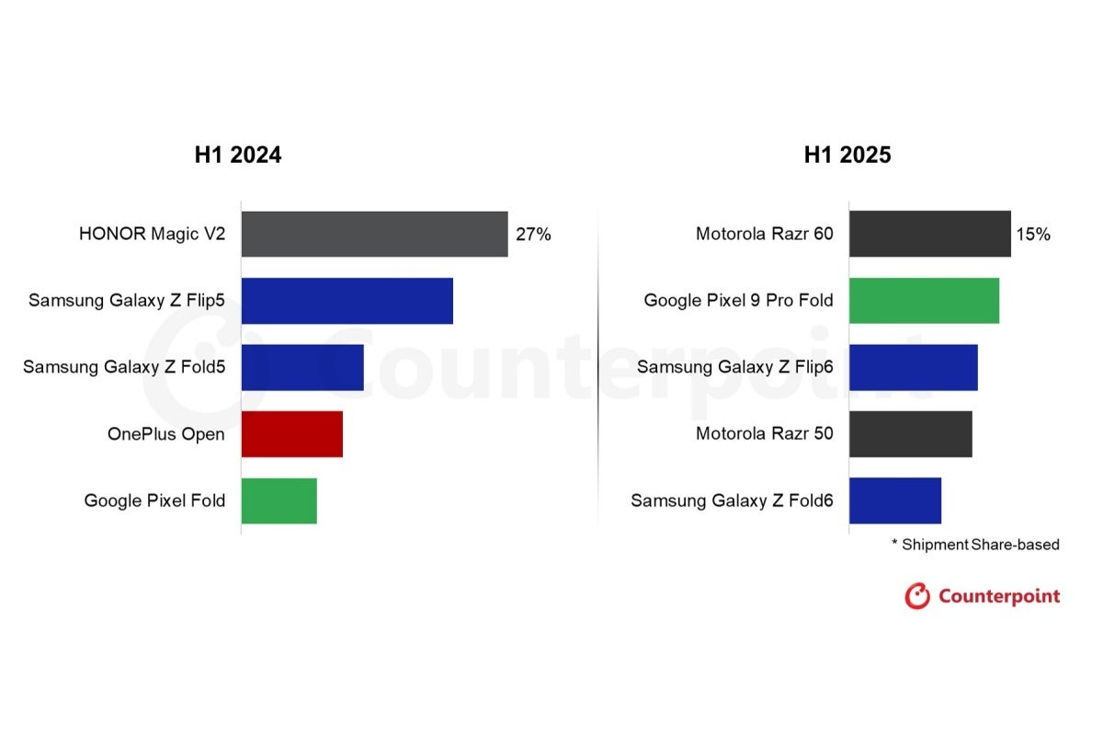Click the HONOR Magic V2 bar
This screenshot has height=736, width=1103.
point(374,234)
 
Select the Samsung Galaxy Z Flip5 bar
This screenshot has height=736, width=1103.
point(347,301)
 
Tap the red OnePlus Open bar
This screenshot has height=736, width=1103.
point(292,434)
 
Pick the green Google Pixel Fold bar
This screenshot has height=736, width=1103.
point(279,500)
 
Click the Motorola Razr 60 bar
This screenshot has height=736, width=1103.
point(929,234)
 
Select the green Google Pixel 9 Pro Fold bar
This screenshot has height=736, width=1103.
point(924,301)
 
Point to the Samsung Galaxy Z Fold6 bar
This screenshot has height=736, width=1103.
point(895,500)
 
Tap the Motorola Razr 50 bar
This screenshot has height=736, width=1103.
point(910,434)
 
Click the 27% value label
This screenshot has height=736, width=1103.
point(533,235)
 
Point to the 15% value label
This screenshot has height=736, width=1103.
point(1032,235)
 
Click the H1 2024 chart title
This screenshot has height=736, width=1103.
point(237,155)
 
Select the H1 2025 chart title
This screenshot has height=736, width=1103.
point(847,155)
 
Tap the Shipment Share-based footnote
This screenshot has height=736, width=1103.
point(975,545)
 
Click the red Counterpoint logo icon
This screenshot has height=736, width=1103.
point(917,596)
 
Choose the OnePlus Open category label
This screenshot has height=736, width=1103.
point(165,434)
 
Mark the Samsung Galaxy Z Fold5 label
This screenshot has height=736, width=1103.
point(124,367)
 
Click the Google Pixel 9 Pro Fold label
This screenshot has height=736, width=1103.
point(738,301)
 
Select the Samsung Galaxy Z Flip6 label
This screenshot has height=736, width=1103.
point(735,367)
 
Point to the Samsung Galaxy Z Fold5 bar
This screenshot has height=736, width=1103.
point(302,367)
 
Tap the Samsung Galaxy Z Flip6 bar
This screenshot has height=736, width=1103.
point(913,367)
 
